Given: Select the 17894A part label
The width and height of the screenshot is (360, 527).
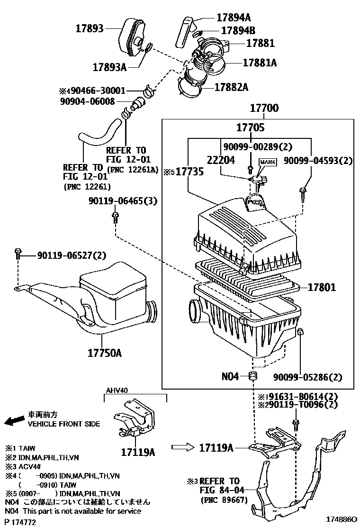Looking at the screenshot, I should (234, 18).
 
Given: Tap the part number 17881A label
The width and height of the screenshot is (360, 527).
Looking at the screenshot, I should (260, 62).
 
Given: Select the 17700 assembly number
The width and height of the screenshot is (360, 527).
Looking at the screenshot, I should (264, 109).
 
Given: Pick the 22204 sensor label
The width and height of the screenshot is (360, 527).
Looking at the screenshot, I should (220, 160).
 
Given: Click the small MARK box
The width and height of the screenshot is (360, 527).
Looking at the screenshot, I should (266, 162).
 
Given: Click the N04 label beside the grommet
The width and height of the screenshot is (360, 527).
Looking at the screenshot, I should (231, 377).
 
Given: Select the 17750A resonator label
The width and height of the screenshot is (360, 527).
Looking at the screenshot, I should (104, 353).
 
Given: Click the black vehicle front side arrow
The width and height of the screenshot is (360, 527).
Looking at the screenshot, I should (14, 420).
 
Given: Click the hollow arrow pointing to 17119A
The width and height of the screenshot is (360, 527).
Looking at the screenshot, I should (182, 446).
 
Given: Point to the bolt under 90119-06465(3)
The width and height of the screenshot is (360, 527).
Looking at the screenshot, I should (115, 217).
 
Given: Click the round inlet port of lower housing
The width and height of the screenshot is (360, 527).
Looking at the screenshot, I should (196, 311).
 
